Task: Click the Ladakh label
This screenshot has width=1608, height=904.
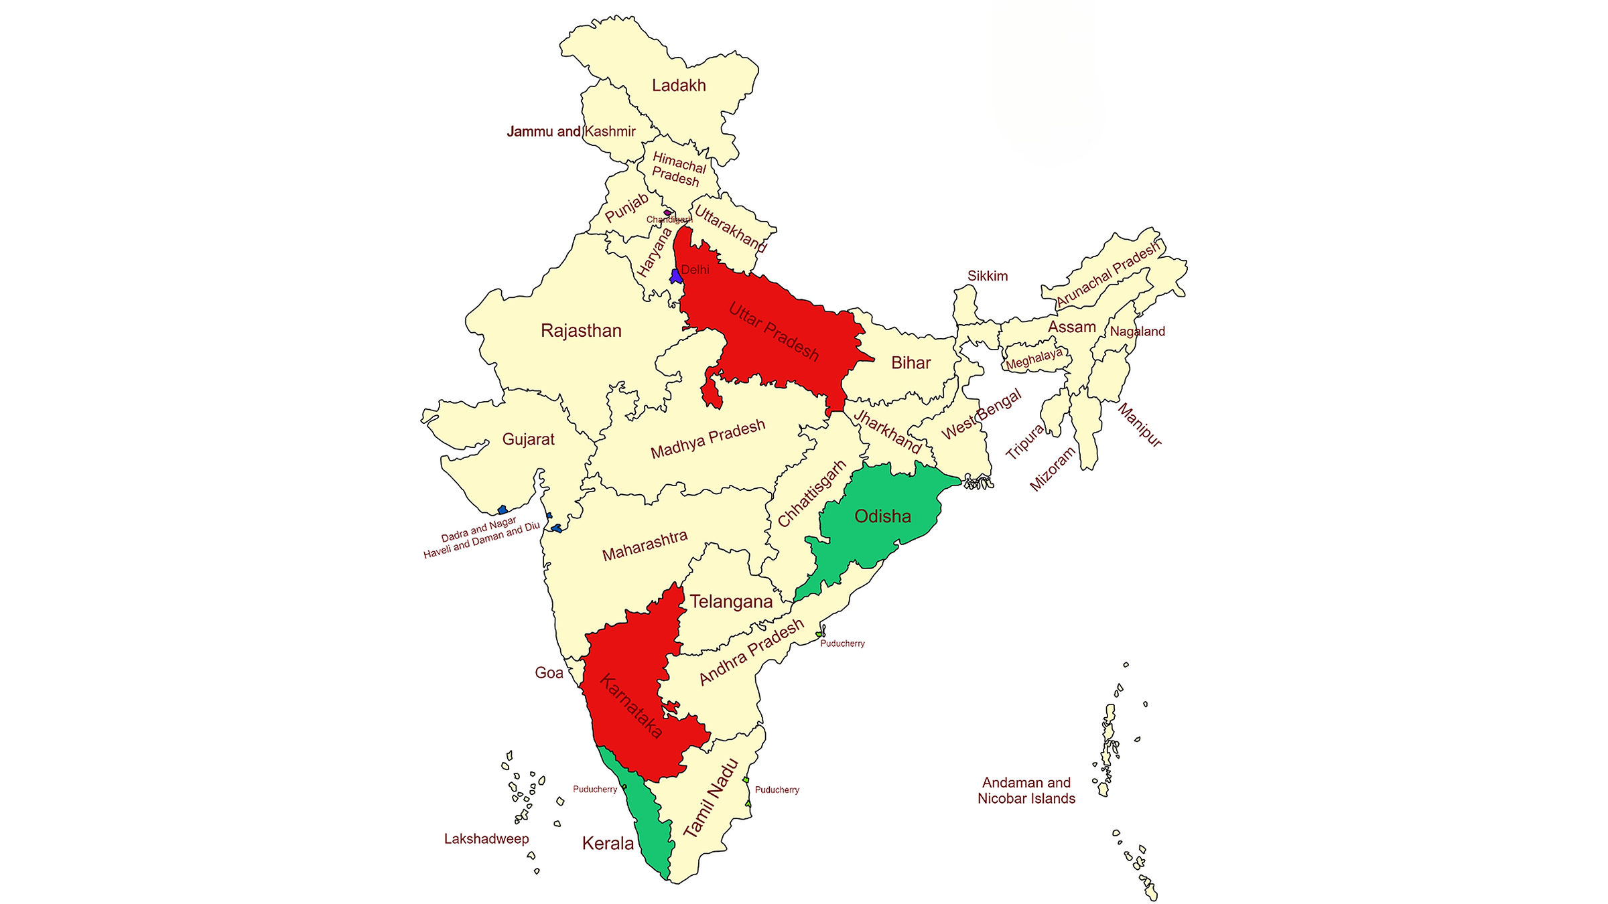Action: (679, 86)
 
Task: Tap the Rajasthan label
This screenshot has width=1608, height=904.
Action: (581, 331)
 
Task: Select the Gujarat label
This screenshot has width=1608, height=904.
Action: (528, 439)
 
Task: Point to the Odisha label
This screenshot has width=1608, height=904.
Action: (882, 516)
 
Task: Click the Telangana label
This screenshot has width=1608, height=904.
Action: (731, 601)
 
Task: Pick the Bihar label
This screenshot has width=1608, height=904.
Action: (911, 363)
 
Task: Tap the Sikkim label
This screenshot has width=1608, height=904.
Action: (987, 276)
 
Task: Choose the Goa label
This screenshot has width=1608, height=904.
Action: (549, 673)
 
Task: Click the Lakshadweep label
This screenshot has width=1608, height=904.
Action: (486, 839)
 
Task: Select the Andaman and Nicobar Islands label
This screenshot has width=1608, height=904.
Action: (1026, 791)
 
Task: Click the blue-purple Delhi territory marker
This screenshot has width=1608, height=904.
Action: (676, 276)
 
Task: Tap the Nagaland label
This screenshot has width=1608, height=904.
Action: (1137, 331)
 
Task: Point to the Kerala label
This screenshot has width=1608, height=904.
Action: (608, 844)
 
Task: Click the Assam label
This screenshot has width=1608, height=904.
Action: (1071, 327)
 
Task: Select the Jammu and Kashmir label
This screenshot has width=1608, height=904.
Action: (571, 131)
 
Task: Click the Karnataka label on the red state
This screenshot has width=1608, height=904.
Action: (631, 706)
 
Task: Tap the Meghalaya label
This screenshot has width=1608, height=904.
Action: (1034, 360)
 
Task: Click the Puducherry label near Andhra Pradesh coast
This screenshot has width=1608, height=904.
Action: (842, 644)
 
